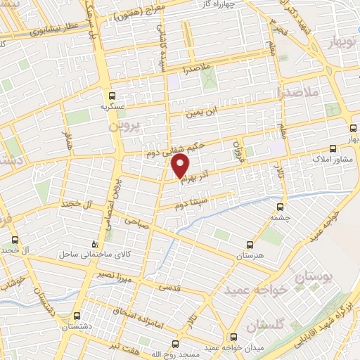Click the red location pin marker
point(181,167)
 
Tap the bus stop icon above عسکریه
point(111,96)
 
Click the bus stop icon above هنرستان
point(250,245)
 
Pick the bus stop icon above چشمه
point(281,207)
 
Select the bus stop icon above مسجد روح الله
point(175,344)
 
